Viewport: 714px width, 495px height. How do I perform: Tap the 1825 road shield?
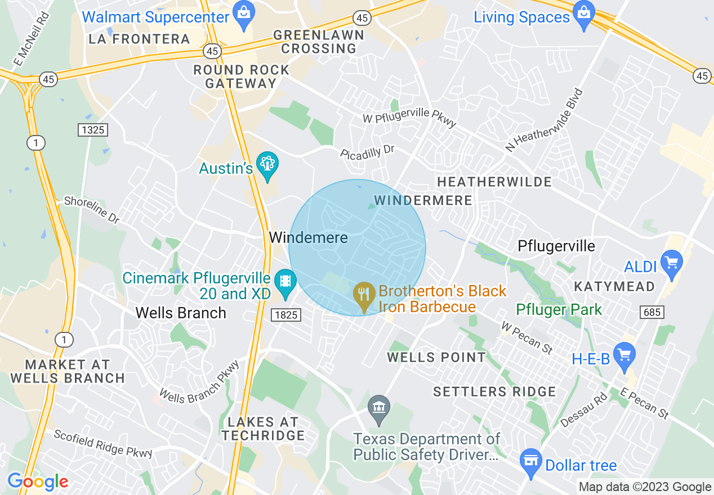tap(286, 315)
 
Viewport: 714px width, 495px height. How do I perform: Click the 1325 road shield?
tap(92, 130)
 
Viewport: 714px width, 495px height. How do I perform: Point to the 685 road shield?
tap(651, 312)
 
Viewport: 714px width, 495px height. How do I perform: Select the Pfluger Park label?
tap(559, 309)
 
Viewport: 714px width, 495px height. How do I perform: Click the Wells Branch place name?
tap(181, 313)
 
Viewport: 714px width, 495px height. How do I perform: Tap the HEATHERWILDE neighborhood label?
tap(494, 182)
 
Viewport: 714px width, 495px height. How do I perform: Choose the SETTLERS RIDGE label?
tap(494, 391)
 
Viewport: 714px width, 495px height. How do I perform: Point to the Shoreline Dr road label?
tap(91, 210)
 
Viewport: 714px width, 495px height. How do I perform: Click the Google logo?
tap(38, 481)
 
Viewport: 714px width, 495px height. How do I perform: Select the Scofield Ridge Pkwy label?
tap(102, 444)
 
